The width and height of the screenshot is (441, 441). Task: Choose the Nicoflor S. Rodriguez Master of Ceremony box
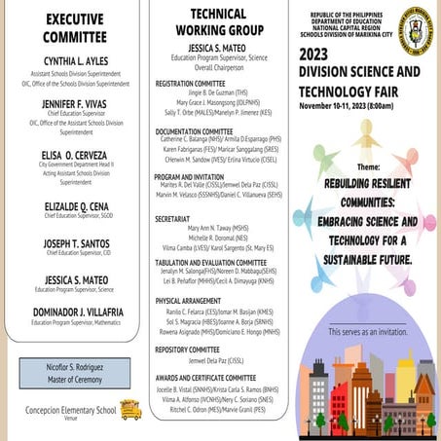(74, 374)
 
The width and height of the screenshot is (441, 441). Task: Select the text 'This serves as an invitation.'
(368, 333)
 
